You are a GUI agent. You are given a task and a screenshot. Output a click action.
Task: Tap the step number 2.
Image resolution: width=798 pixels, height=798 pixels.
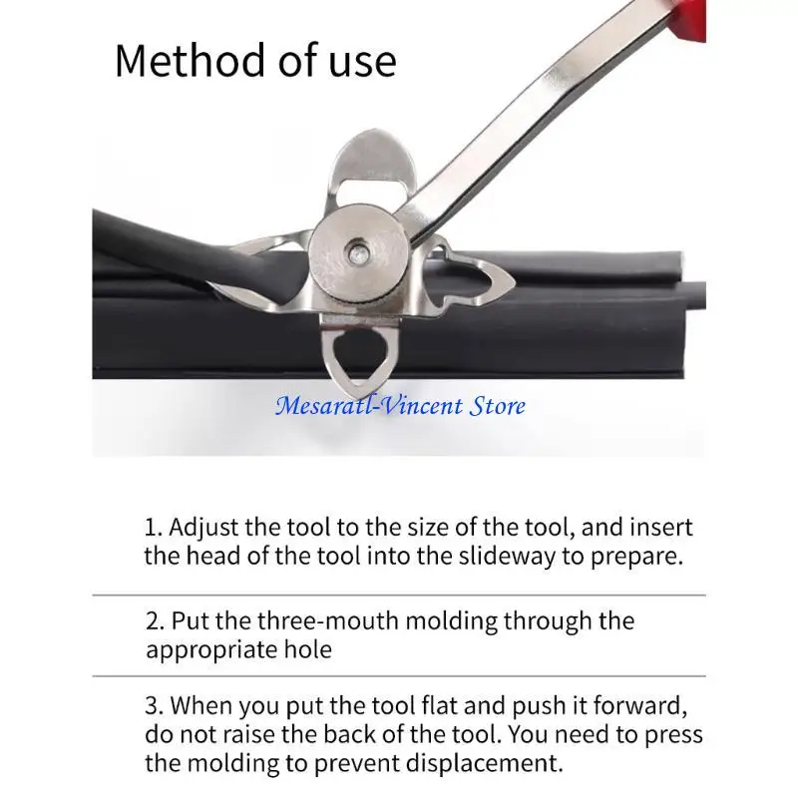click(153, 620)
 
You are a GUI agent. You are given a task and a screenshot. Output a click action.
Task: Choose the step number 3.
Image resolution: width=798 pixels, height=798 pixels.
click(153, 706)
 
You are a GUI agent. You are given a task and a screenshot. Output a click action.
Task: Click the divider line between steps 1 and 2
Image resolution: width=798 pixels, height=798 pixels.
click(399, 596)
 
